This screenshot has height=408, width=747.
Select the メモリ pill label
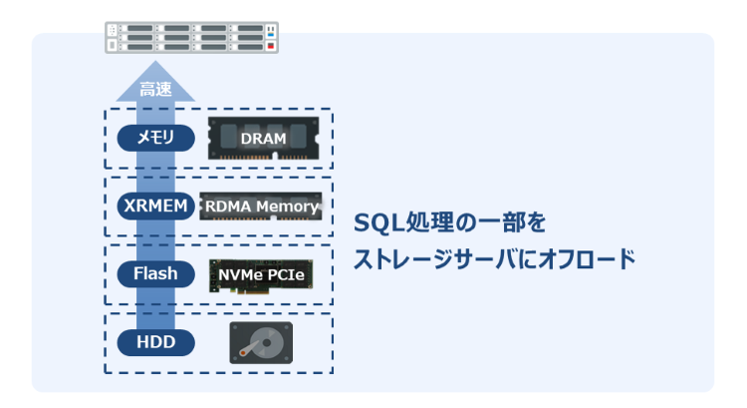[155, 138]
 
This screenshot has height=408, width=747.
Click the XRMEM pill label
[155, 206]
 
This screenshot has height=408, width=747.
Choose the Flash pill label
[155, 272]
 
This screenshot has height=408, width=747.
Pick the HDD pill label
[155, 342]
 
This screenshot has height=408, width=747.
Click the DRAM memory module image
[263, 139]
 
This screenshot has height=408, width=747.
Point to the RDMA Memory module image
[262, 206]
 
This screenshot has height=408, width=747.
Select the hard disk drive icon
[262, 342]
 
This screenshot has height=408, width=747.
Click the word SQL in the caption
[377, 220]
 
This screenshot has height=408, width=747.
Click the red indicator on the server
[269, 46]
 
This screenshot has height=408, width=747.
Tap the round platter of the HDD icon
[258, 342]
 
